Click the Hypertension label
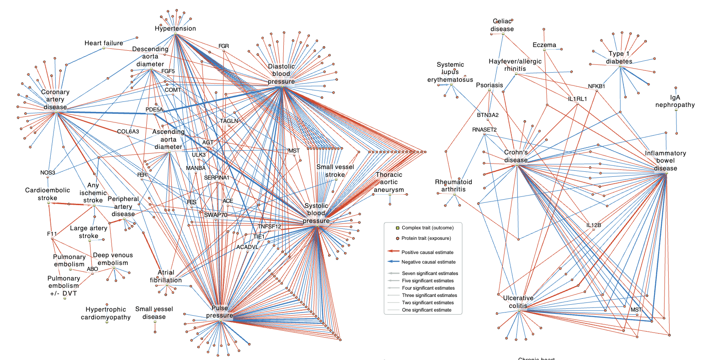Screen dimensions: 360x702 175,28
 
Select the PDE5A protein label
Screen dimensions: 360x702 154,110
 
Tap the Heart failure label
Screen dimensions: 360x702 104,43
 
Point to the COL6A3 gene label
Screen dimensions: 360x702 128,132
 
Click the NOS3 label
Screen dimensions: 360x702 48,173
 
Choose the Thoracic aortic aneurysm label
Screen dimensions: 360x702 389,182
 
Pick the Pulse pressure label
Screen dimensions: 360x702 219,312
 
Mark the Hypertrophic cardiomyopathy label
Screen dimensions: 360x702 106,313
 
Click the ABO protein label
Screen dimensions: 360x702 92,269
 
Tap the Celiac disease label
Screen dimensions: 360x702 502,25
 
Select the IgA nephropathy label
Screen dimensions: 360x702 675,101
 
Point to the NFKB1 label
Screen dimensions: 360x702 596,86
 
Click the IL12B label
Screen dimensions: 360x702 593,225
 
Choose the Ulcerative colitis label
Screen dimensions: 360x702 518,302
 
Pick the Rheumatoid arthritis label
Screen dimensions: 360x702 453,185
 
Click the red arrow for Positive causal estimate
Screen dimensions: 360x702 393,252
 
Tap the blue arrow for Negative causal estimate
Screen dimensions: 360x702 393,262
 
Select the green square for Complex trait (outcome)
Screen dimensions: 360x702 398,228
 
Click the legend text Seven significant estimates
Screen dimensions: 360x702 430,273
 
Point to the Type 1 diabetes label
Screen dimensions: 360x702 619,58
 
